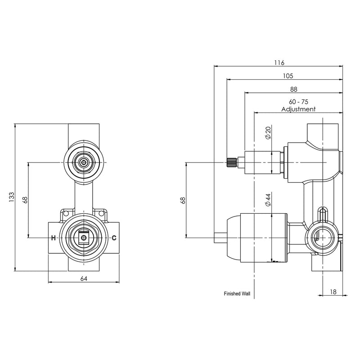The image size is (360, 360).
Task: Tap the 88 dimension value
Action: (x=293, y=89)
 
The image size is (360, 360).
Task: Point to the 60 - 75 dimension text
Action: (x=298, y=102)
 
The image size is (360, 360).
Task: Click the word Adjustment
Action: (x=298, y=109)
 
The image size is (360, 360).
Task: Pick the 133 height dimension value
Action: (x=12, y=197)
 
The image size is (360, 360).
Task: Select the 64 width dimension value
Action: (x=83, y=279)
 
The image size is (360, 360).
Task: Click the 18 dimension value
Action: (x=333, y=292)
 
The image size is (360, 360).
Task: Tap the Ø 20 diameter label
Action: (x=268, y=133)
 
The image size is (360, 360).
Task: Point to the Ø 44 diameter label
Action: (x=268, y=200)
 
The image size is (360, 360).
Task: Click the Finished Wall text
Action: (x=237, y=294)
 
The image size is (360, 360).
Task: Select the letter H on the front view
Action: (x=53, y=238)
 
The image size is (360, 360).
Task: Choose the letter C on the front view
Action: (x=114, y=238)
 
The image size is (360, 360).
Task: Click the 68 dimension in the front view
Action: (x=25, y=199)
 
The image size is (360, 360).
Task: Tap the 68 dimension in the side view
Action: (x=182, y=199)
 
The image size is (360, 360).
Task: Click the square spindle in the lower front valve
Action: (x=83, y=238)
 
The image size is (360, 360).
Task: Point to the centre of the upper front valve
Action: (x=83, y=162)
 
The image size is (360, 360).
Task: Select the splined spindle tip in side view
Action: (x=231, y=162)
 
